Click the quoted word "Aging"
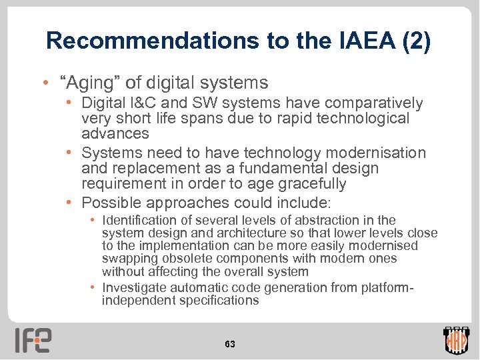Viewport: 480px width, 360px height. click(x=90, y=83)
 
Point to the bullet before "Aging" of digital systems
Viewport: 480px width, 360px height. click(x=44, y=83)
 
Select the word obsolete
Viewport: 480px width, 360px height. click(x=183, y=259)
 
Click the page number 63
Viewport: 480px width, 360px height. click(x=230, y=344)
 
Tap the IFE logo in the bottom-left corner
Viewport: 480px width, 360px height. click(x=33, y=340)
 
